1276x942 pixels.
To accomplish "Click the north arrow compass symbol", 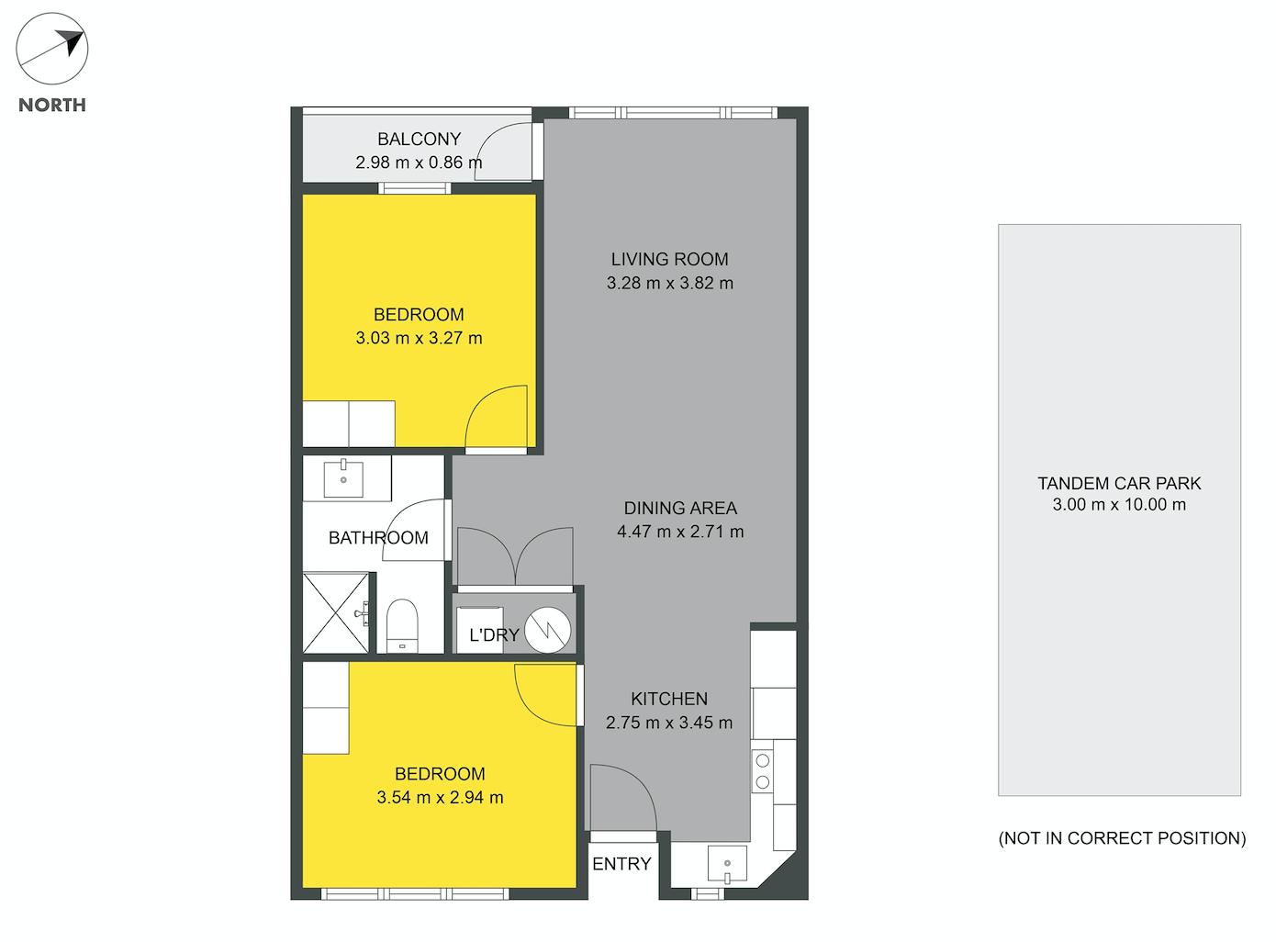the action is [x=51, y=49].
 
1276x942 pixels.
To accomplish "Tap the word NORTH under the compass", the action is [x=52, y=106].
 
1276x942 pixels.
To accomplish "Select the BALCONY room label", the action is [x=419, y=140].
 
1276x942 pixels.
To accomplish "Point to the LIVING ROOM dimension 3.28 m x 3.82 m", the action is [x=669, y=283].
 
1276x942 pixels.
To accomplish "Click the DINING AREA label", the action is [x=680, y=508].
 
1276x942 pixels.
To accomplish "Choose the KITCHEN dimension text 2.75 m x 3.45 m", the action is [x=669, y=723].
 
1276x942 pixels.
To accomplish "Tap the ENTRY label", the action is [x=621, y=864].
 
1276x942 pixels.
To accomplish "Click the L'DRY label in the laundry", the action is [x=494, y=635].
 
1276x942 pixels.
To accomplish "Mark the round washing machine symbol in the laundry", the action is [x=547, y=630].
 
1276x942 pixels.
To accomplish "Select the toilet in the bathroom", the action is [x=401, y=626].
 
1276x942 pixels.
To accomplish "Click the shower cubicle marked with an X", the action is [x=335, y=612].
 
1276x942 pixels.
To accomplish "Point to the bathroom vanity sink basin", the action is [x=343, y=478].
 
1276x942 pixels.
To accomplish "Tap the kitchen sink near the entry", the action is [x=727, y=864].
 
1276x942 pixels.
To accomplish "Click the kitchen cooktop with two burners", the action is [x=762, y=771].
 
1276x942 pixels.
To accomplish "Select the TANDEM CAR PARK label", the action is [x=1119, y=483].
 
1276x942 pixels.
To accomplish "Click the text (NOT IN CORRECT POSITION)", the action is [x=1122, y=838].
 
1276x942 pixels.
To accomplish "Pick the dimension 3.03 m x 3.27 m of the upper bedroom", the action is [x=419, y=338].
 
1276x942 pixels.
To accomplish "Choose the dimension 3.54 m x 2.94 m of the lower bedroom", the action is [x=440, y=798].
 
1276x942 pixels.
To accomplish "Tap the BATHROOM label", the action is [x=378, y=538].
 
